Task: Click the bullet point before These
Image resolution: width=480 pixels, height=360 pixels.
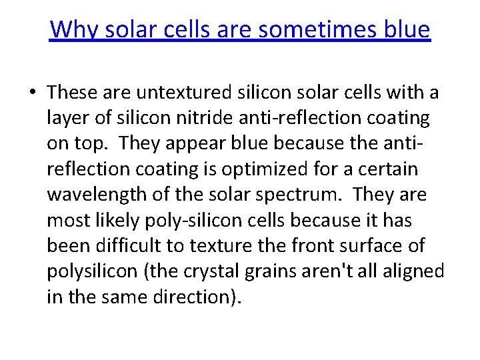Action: [x=32, y=93]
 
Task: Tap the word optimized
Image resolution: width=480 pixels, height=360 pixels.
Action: [x=257, y=169]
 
